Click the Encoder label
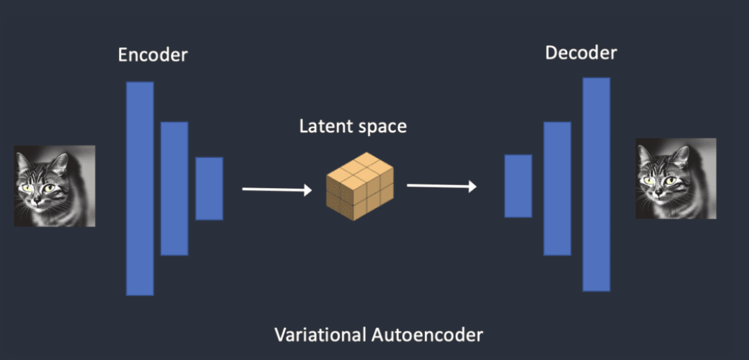(153, 55)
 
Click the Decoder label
(581, 52)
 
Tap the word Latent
(323, 127)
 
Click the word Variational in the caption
(318, 335)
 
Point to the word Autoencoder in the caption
(424, 335)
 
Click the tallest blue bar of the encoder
(139, 188)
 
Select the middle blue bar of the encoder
(174, 188)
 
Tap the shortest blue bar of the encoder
(209, 188)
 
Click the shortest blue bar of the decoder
(518, 186)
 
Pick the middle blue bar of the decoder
(557, 188)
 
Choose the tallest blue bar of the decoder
(596, 185)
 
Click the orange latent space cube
(360, 187)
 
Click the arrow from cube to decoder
(441, 186)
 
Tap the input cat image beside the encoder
(55, 185)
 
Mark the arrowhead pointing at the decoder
(472, 186)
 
